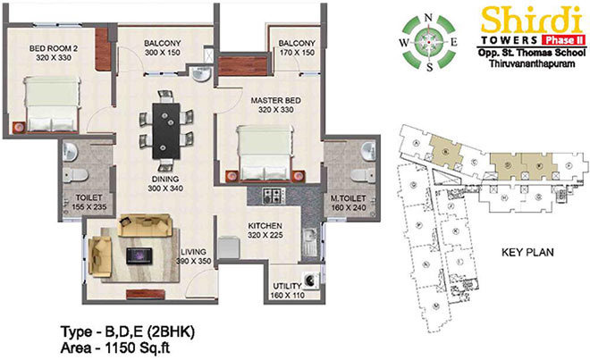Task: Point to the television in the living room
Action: pos(137,255)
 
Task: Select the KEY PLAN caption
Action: pos(527,253)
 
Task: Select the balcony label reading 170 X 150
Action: pos(295,47)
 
